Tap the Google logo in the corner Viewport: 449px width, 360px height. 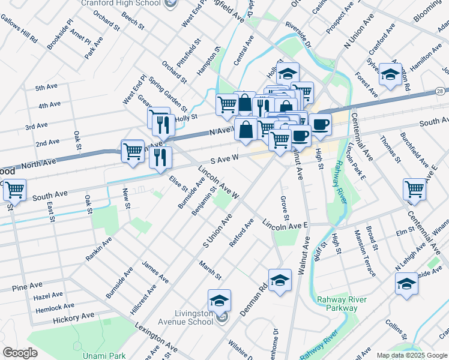(x=20, y=353)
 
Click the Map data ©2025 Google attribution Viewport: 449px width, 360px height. (x=412, y=355)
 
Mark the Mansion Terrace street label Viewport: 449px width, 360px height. (x=364, y=252)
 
